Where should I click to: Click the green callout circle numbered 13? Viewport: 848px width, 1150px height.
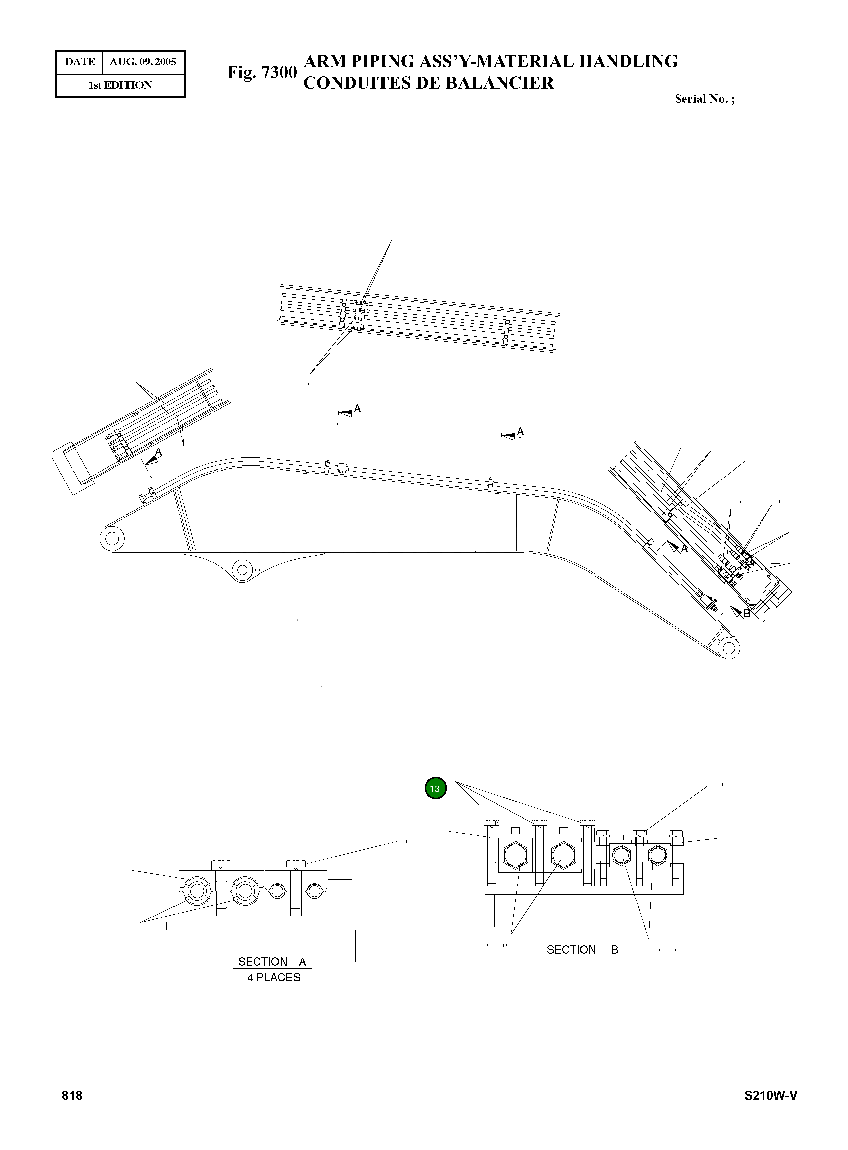pyautogui.click(x=435, y=789)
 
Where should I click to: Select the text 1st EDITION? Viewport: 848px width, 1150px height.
pyautogui.click(x=120, y=85)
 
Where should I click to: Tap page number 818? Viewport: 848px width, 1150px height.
pyautogui.click(x=72, y=1095)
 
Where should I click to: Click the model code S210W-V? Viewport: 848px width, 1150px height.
pyautogui.click(x=771, y=1095)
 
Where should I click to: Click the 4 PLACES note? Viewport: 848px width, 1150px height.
pyautogui.click(x=274, y=978)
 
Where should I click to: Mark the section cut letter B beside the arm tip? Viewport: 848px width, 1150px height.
pyautogui.click(x=746, y=614)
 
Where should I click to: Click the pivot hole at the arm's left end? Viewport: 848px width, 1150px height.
pyautogui.click(x=112, y=539)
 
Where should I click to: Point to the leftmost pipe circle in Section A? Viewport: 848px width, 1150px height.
pyautogui.click(x=196, y=892)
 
